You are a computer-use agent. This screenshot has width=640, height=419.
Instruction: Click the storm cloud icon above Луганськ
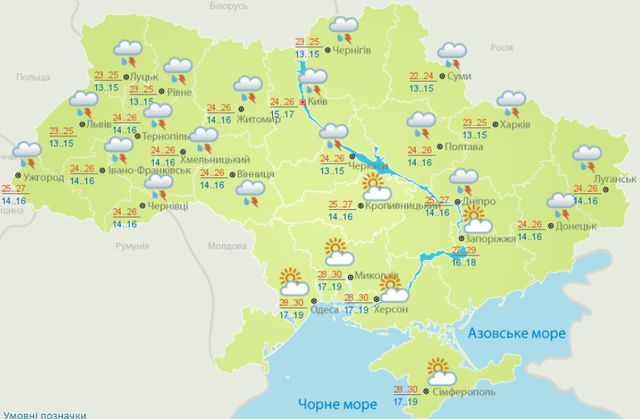click(587, 158)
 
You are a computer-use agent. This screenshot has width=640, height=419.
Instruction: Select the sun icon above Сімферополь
click(438, 370)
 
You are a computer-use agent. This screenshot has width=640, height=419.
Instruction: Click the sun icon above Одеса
click(291, 281)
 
